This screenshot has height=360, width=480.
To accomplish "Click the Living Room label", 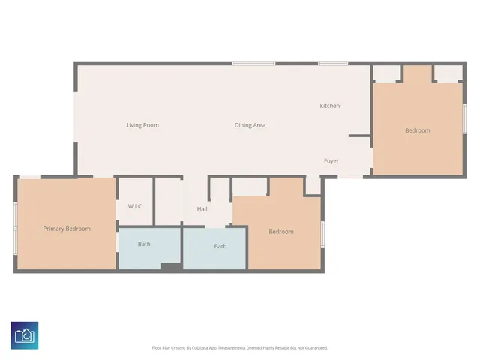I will pyautogui.click(x=142, y=125).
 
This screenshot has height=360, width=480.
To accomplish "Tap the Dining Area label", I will pyautogui.click(x=250, y=125).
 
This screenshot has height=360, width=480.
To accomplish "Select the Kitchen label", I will pyautogui.click(x=330, y=106).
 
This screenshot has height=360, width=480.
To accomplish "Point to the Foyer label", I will pyautogui.click(x=331, y=161).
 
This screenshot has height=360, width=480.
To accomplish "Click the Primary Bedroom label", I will pyautogui.click(x=67, y=229).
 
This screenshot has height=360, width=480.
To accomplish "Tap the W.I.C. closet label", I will pyautogui.click(x=136, y=206).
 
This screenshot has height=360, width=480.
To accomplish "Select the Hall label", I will pyautogui.click(x=202, y=209).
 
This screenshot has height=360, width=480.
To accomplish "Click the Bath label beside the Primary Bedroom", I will pyautogui.click(x=144, y=244).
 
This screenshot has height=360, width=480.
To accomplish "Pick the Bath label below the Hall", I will pyautogui.click(x=220, y=246).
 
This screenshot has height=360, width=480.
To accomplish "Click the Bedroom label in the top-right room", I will pyautogui.click(x=418, y=130).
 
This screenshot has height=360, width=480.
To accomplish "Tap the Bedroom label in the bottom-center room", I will pyautogui.click(x=281, y=232).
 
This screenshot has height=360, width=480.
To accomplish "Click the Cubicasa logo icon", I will pyautogui.click(x=25, y=334).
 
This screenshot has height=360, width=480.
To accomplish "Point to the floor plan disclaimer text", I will pyautogui.click(x=240, y=347).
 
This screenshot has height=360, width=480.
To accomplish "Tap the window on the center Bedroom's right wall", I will pyautogui.click(x=323, y=233).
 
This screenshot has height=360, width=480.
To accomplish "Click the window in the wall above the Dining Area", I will pyautogui.click(x=247, y=63).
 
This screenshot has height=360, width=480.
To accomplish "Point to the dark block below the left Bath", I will pyautogui.click(x=171, y=266).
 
